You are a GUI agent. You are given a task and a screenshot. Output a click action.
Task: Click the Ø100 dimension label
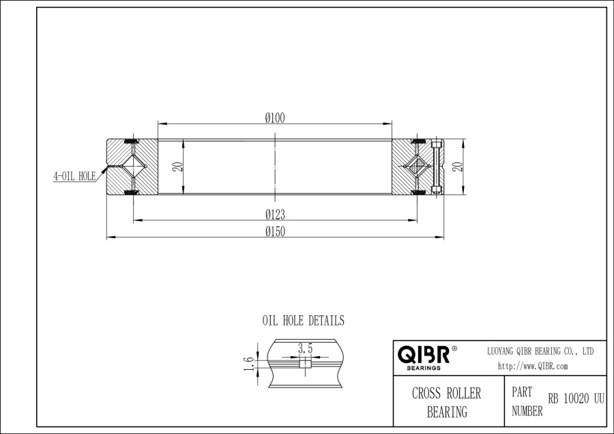pos(275,117)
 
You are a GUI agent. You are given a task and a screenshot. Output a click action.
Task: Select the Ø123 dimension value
pos(275,214)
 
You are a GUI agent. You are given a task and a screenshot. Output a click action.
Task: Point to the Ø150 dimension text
pos(275,231)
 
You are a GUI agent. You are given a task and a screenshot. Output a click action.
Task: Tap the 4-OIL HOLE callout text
pos(74,175)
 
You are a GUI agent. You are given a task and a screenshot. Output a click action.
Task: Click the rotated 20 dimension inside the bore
pos(177,167)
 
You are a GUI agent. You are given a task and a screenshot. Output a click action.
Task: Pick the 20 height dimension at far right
pos(458,167)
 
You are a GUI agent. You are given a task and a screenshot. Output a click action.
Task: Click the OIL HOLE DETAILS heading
pos(304,320)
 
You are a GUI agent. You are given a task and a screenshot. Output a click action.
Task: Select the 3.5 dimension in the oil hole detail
pos(305,349)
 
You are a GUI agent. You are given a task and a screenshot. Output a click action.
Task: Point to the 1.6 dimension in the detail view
pos(249,363)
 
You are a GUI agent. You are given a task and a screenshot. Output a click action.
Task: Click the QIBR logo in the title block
pos(424,354)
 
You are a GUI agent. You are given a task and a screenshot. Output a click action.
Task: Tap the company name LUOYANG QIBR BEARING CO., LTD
pos(540,351)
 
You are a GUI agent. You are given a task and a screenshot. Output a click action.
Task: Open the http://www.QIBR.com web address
pos(533,366)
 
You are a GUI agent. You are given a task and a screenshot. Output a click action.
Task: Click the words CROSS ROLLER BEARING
pos(447,403)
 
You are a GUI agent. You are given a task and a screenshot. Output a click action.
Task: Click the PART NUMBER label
pos(527,403)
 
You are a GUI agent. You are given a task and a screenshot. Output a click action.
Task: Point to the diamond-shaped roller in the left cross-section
pos(132,167)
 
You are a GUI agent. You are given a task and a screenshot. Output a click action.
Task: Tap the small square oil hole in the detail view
pos(305,363)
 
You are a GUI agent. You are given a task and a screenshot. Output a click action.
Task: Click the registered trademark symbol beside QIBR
pos(454,348)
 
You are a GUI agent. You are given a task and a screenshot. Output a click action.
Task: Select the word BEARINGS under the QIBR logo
pos(423,367)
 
